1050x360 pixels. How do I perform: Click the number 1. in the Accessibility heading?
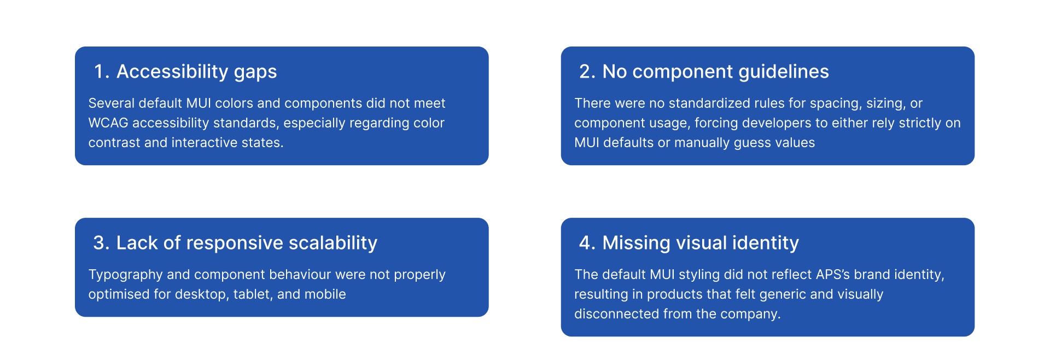coord(102,72)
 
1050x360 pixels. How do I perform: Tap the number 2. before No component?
coord(588,72)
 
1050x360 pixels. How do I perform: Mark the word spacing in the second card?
coord(836,103)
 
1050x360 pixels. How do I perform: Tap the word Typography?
coord(125,275)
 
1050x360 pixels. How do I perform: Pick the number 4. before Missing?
coord(588,243)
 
